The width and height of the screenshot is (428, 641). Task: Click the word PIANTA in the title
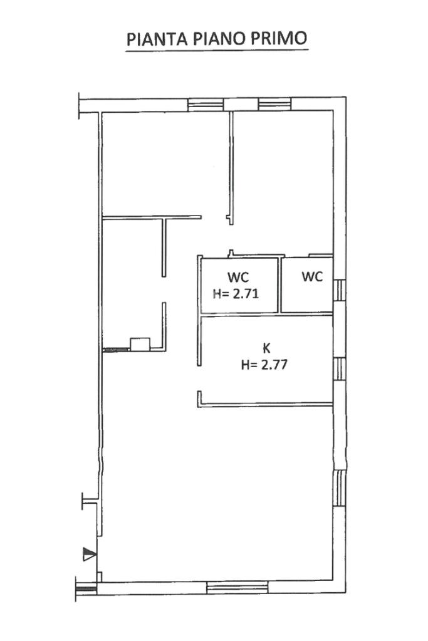(x=157, y=39)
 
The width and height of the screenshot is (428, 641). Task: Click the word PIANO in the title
(x=219, y=39)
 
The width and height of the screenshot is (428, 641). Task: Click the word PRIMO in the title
(x=279, y=39)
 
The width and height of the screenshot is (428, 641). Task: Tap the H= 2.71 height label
(x=236, y=293)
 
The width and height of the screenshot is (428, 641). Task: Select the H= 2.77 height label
(x=264, y=364)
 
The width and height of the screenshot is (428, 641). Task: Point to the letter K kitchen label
(x=266, y=348)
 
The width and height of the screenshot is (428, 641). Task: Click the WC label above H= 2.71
(x=238, y=277)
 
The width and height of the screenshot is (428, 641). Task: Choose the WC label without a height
(x=312, y=277)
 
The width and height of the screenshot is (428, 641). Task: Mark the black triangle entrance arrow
(x=90, y=554)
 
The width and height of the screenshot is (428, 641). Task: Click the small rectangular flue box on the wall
(x=140, y=344)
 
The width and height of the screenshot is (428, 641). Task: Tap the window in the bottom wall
(x=237, y=587)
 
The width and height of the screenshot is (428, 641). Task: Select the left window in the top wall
(x=206, y=105)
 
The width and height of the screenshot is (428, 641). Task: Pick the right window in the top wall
(x=274, y=105)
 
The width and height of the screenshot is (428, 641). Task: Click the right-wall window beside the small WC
(x=340, y=290)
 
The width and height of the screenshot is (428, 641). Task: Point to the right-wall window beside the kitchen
(x=340, y=369)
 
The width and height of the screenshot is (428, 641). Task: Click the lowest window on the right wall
(x=340, y=488)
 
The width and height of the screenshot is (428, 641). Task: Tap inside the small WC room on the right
(x=306, y=292)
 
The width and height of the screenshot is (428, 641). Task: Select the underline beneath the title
(x=217, y=51)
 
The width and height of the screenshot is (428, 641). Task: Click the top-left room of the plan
(x=164, y=164)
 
